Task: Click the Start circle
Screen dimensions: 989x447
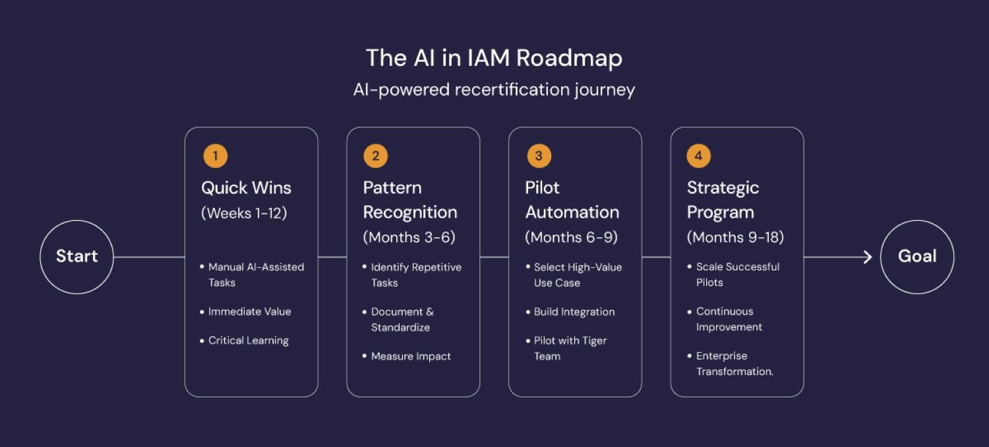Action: [x=77, y=220]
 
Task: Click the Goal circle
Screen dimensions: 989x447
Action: [x=917, y=220]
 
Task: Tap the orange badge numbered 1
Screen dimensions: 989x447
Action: [x=216, y=156]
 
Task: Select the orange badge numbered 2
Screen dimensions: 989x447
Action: [x=376, y=156]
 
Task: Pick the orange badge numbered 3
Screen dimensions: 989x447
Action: [x=539, y=156]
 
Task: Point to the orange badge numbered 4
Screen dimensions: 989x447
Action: [x=698, y=156]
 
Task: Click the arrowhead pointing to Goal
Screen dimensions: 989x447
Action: [x=868, y=257]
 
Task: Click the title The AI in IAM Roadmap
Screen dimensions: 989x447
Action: [x=494, y=58]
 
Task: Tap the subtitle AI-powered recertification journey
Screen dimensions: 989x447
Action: [x=494, y=90]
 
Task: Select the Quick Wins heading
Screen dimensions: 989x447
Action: [x=246, y=188]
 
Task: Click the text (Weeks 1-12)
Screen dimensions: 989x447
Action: [x=244, y=214]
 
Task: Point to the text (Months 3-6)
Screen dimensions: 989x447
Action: [x=409, y=237]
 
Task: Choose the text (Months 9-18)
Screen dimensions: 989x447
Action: [x=735, y=237]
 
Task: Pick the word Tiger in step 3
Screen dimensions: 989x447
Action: [x=594, y=341]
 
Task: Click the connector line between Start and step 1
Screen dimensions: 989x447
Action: [x=149, y=257]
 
